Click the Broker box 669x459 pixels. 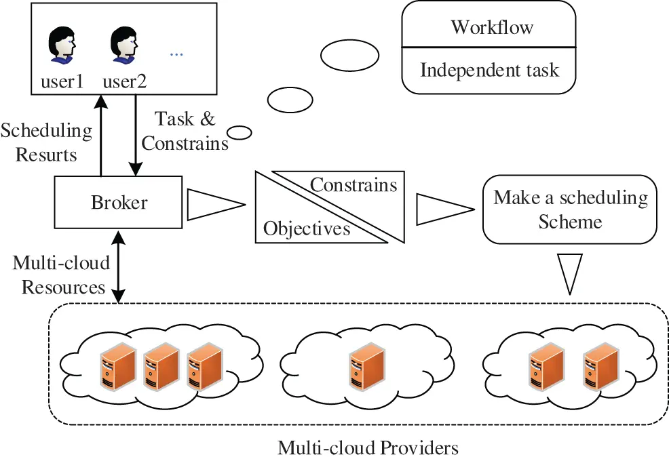(x=119, y=202)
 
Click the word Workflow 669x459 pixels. (x=492, y=27)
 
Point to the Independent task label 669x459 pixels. (x=489, y=70)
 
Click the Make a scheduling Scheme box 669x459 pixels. (x=569, y=209)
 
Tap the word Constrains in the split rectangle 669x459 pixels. (x=353, y=184)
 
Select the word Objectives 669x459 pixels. (x=307, y=228)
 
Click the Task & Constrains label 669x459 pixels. (x=185, y=131)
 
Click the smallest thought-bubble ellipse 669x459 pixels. (x=239, y=132)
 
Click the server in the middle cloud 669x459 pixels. (x=364, y=367)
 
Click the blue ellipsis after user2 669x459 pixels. (x=176, y=54)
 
